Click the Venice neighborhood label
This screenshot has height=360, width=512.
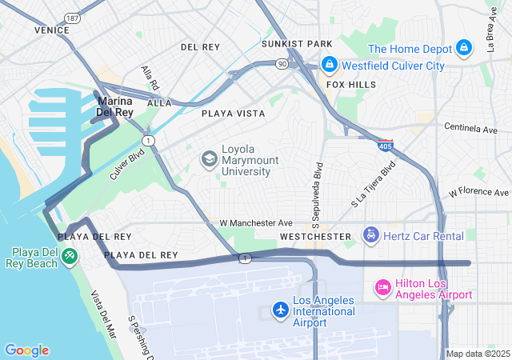click(52, 30)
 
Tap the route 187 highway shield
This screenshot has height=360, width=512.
click(73, 17)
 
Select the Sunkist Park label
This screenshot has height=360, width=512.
click(297, 43)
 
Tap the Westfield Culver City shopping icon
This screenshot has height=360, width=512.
click(328, 64)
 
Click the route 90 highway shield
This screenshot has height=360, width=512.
click(282, 62)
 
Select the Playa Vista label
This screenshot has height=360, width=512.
click(233, 114)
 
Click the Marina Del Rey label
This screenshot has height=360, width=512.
click(114, 107)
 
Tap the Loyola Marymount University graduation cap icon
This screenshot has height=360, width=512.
click(209, 159)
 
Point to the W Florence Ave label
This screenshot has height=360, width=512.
click(478, 193)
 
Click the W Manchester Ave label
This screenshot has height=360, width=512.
click(253, 222)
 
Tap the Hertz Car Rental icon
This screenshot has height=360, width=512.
click(371, 235)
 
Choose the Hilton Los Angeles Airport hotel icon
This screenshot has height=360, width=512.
click(383, 286)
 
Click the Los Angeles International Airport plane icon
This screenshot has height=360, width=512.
click(280, 309)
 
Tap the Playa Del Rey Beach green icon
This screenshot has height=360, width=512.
click(70, 256)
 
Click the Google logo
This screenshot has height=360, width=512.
click(26, 350)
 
